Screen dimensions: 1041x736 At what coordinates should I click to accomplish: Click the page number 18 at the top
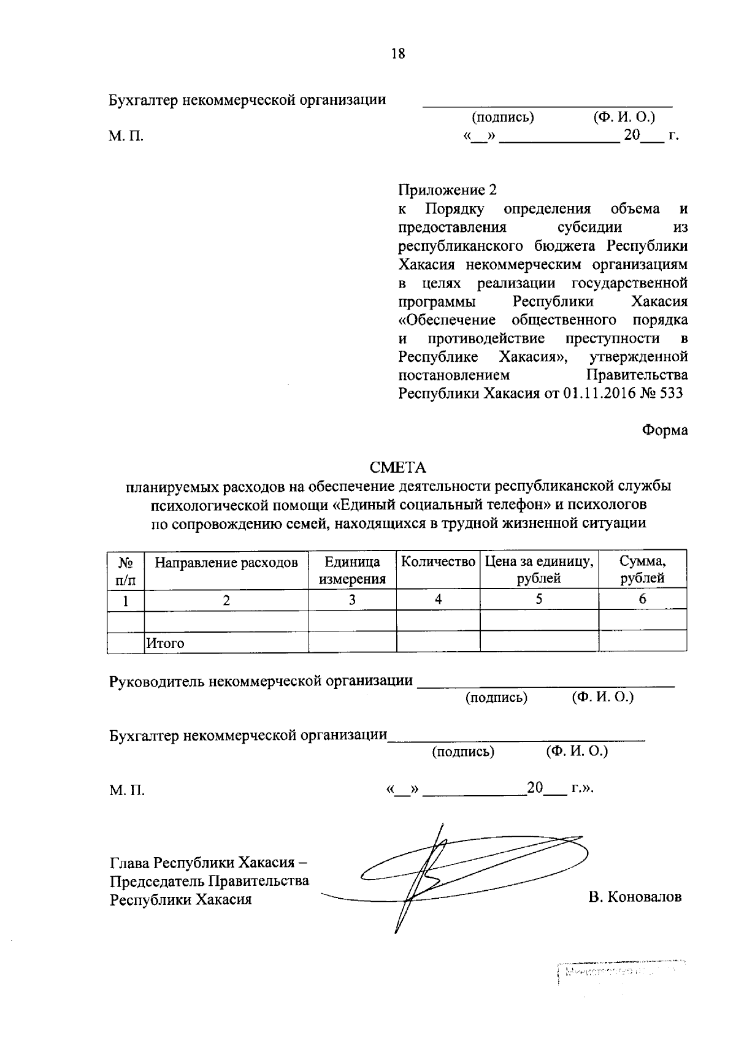[398, 54]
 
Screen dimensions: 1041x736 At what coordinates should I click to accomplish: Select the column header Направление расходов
[226, 563]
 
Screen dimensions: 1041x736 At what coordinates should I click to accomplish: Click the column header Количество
[438, 562]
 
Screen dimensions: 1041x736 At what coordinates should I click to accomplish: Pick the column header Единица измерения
[352, 570]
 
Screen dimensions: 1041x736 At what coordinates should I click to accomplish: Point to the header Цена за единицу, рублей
[539, 570]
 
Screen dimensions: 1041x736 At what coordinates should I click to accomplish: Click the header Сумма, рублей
[642, 570]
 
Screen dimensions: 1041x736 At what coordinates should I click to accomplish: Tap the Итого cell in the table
[164, 644]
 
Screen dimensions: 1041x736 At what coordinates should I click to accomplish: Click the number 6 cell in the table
[642, 600]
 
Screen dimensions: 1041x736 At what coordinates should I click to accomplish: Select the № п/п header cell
[126, 570]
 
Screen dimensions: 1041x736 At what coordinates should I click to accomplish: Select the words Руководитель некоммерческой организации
[261, 681]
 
